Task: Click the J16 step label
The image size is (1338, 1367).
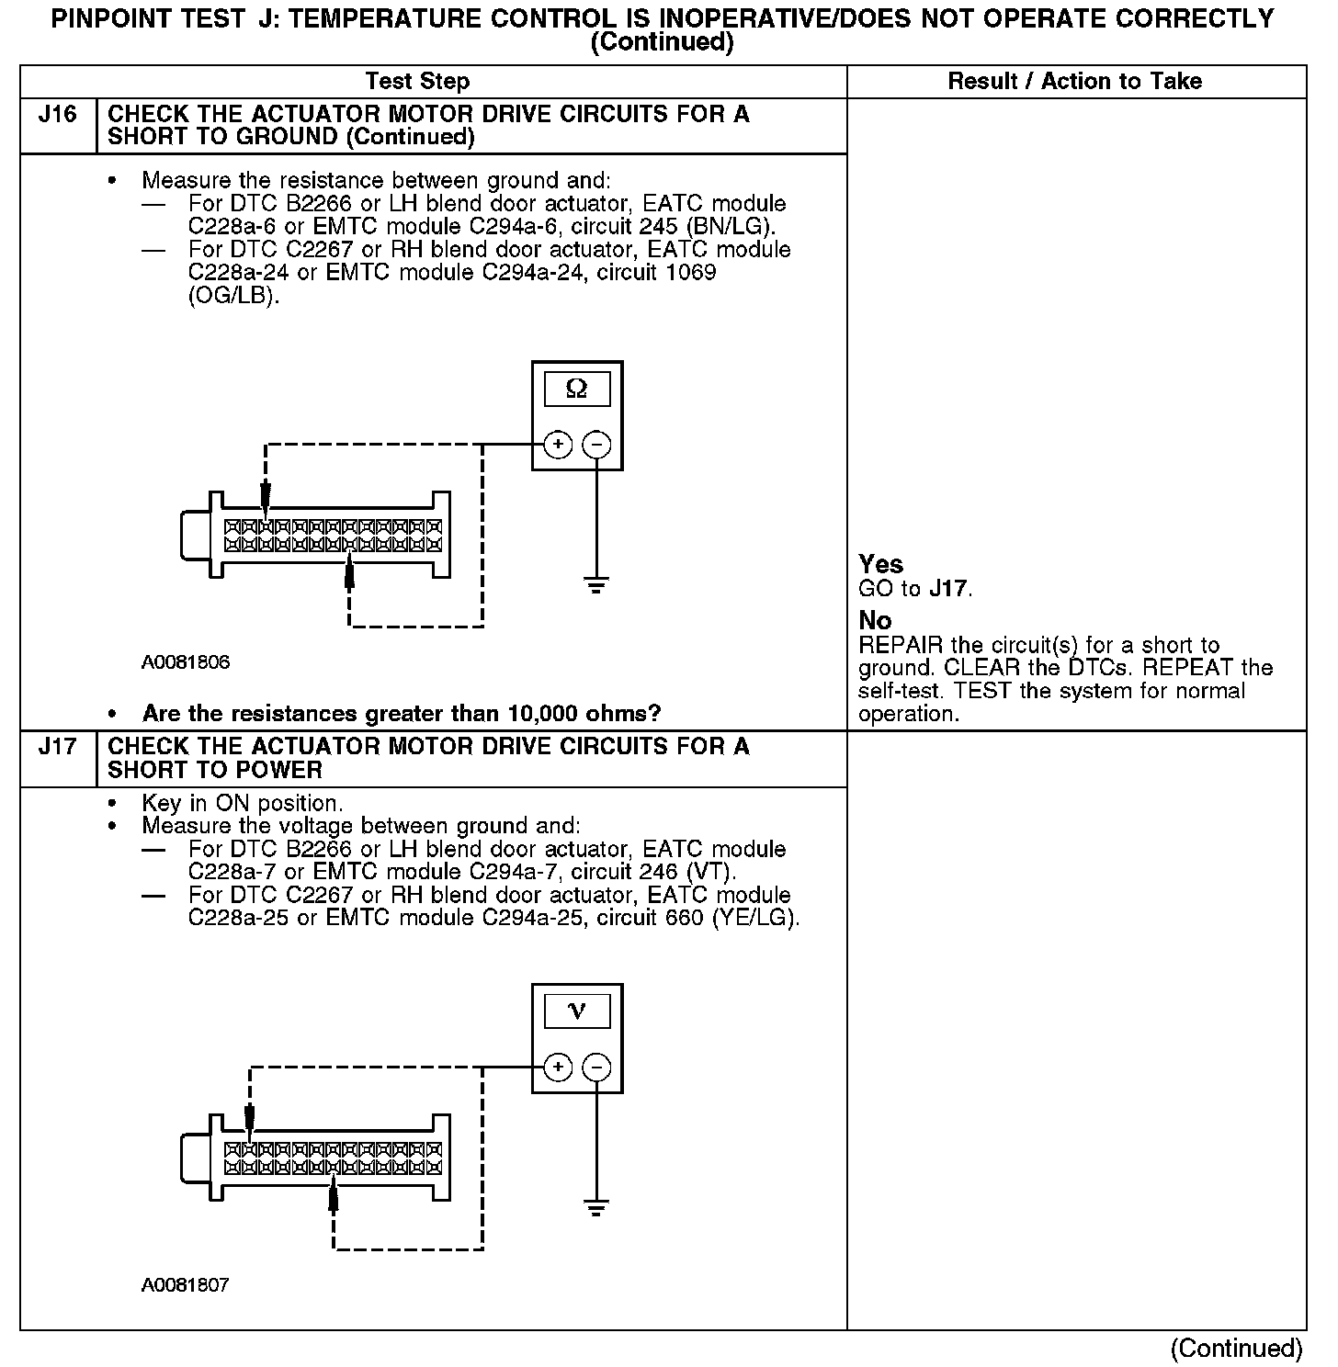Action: (x=57, y=116)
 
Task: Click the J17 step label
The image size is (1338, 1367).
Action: (x=57, y=747)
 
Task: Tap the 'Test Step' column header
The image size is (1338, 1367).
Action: (x=417, y=82)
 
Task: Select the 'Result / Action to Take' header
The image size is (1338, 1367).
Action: (x=1074, y=82)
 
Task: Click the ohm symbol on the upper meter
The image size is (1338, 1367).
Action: (x=577, y=390)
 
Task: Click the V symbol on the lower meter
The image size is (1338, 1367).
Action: (x=577, y=1011)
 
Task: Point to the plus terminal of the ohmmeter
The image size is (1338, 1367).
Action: (x=558, y=445)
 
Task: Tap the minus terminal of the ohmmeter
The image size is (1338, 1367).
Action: (x=596, y=445)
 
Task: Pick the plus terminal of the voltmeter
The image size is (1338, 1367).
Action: (x=558, y=1068)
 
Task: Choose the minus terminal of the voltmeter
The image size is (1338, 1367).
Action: (x=596, y=1068)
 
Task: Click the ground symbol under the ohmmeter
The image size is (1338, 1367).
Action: (x=596, y=585)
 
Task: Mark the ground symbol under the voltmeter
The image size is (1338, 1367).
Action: (x=596, y=1208)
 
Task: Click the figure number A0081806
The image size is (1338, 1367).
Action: (x=186, y=662)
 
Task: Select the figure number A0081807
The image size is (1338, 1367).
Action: (x=186, y=1285)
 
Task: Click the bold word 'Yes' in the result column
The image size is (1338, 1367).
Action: (x=880, y=564)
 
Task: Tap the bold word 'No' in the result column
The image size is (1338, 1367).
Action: (x=875, y=620)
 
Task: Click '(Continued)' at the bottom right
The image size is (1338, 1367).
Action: (x=1236, y=1348)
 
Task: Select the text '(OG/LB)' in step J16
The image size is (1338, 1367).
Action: (x=233, y=296)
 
